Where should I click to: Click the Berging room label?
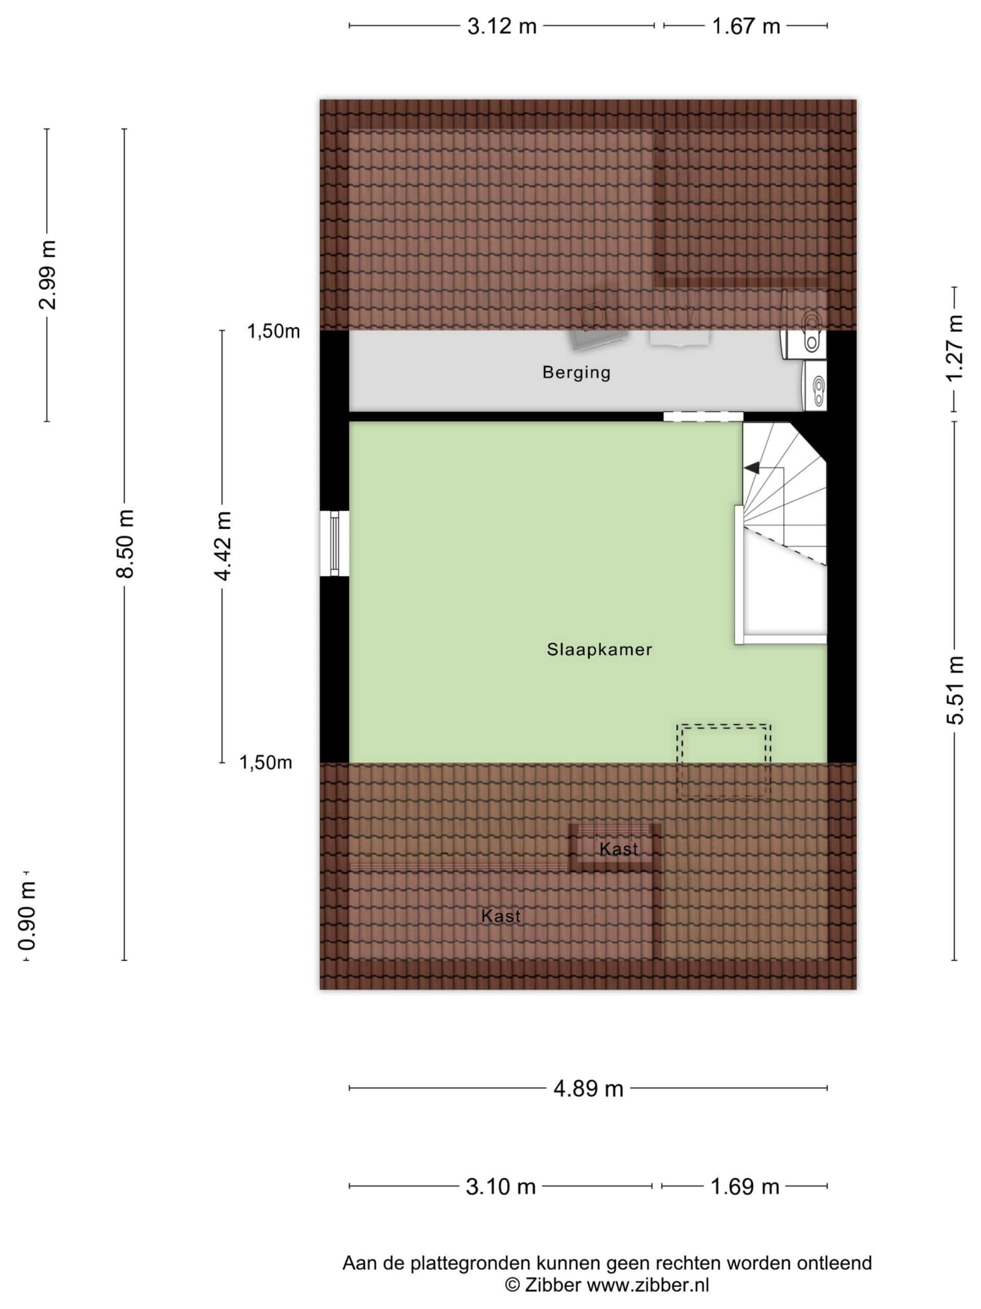[x=576, y=373]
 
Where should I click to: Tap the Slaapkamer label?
[x=599, y=650]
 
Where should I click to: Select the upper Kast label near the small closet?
[x=619, y=849]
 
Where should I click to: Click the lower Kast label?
[x=501, y=916]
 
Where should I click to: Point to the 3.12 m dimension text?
[x=501, y=27]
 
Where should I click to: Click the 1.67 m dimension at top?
[x=745, y=27]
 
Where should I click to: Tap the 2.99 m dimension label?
[x=48, y=275]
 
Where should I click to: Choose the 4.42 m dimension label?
[x=223, y=546]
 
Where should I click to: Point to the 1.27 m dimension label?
[x=954, y=349]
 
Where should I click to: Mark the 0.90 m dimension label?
[x=27, y=915]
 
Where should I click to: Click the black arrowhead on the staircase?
[x=752, y=468]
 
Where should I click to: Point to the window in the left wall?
[x=335, y=543]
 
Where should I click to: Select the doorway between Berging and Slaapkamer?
[x=703, y=417]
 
